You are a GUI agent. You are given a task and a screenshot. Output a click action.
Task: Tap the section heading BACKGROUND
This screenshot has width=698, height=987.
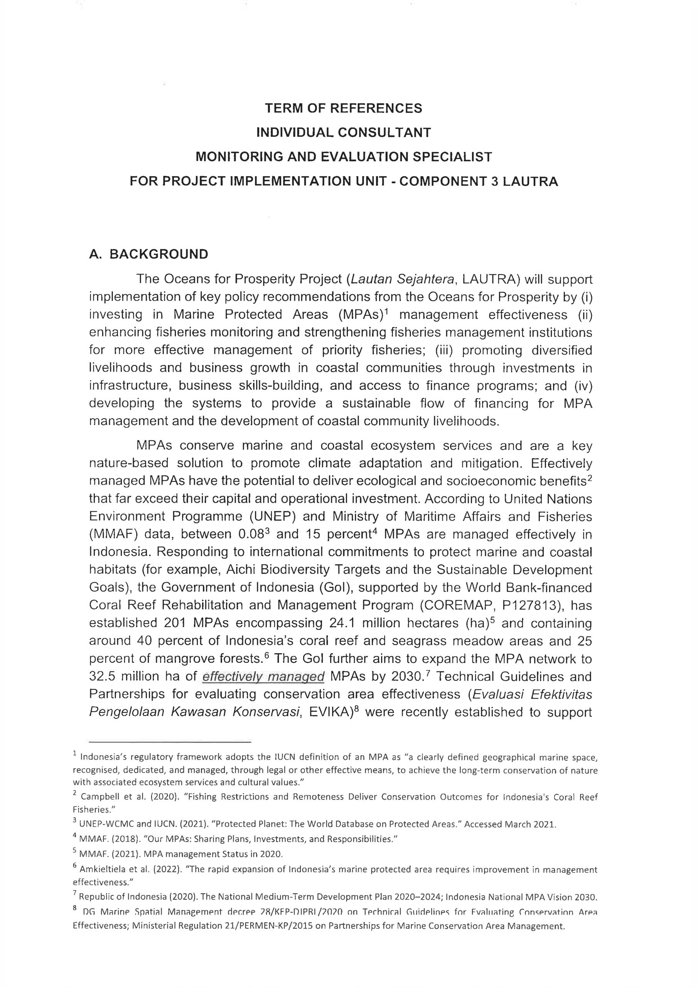coord(159,254)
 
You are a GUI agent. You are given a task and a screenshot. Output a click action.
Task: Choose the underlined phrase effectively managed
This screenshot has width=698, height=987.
coord(263,677)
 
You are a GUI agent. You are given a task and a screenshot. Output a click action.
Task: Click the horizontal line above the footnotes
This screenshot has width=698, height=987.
coord(170,742)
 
